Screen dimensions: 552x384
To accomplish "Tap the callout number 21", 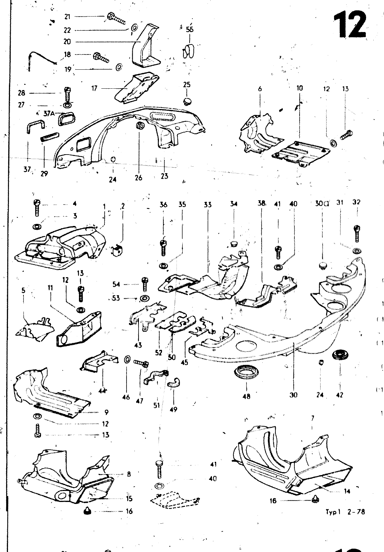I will (x=67, y=17).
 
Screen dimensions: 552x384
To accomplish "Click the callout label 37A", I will (x=50, y=113).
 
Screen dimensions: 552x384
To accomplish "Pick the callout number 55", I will (x=190, y=29).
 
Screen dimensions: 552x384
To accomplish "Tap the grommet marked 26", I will (x=140, y=127).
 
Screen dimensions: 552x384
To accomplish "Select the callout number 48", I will (x=246, y=396).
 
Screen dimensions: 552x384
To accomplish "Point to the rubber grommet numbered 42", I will (x=340, y=355).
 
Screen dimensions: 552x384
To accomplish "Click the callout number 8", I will (x=129, y=474).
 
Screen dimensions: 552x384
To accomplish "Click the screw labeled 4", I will (x=37, y=208).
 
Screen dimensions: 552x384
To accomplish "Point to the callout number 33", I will (x=207, y=205).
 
